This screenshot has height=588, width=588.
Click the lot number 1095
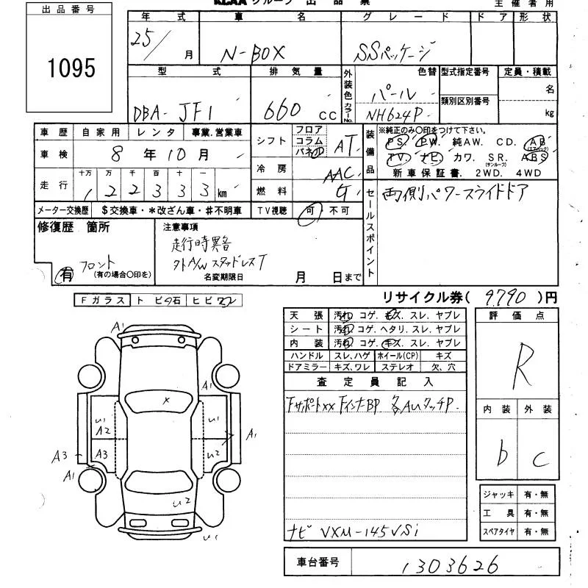click(72, 68)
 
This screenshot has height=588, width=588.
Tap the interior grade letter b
click(503, 456)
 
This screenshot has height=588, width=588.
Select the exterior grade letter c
click(541, 460)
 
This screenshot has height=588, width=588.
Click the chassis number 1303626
click(449, 564)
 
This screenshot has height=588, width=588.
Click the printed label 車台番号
click(318, 563)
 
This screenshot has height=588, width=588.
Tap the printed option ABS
click(533, 157)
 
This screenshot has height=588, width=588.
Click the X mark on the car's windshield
click(166, 399)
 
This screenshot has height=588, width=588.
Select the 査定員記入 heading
click(376, 381)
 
